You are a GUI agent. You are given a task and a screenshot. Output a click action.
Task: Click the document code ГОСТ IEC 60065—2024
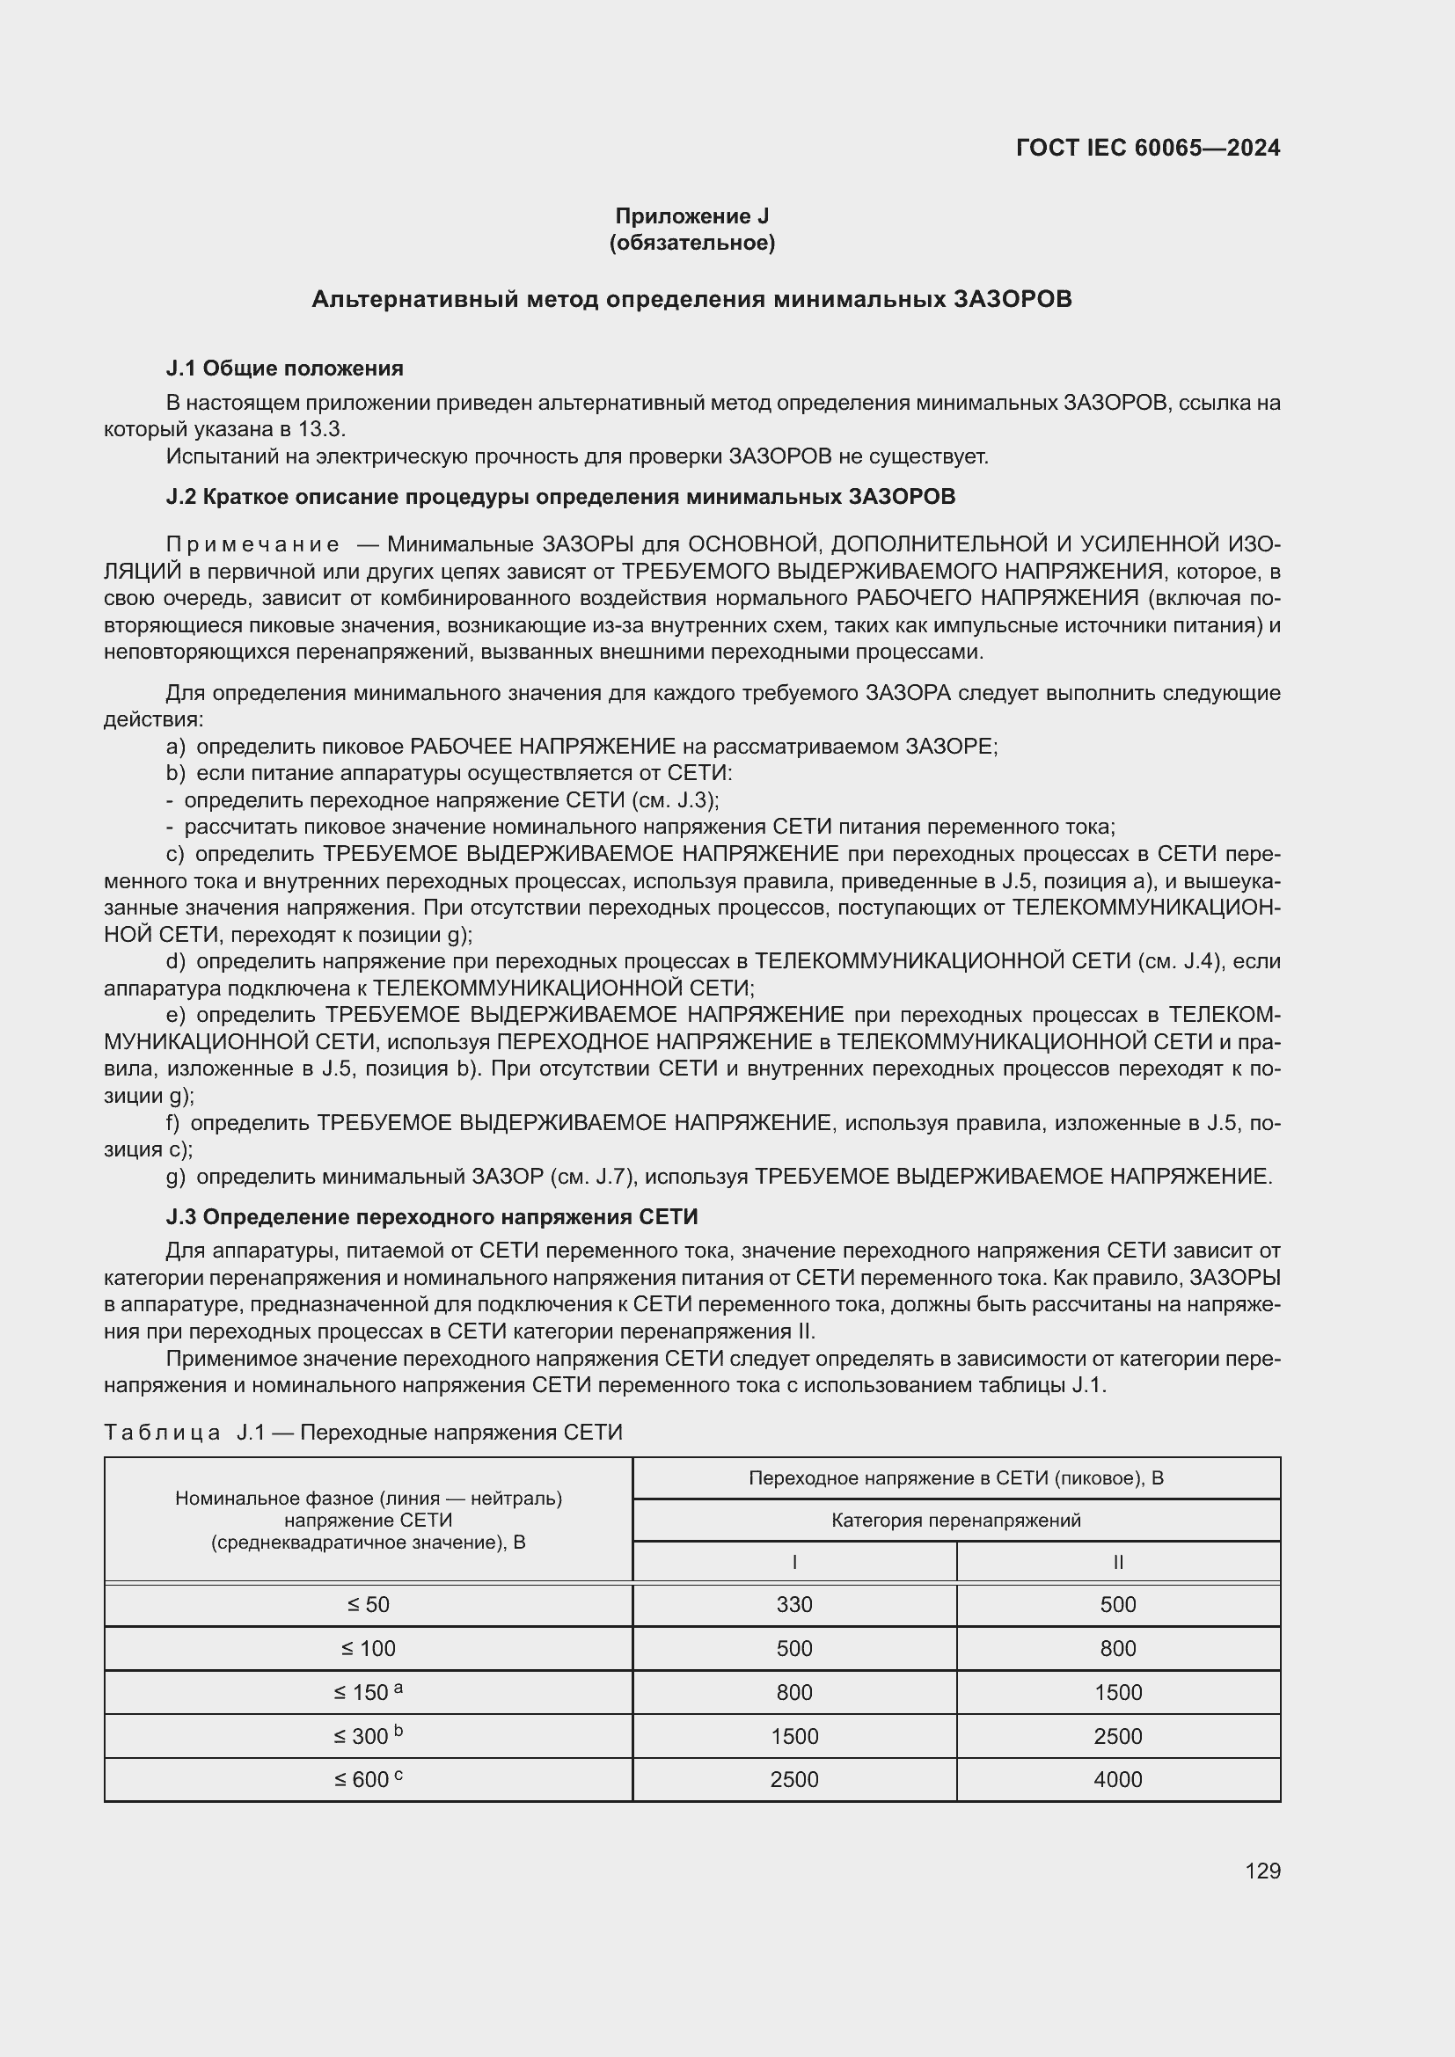tap(1148, 148)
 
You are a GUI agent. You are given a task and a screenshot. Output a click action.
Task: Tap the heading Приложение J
tap(691, 216)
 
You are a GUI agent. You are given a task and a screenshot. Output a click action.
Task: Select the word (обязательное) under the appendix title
tap(691, 243)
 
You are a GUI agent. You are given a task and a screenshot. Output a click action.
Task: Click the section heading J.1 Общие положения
tap(284, 368)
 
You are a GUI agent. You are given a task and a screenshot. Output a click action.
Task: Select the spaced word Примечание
tap(252, 544)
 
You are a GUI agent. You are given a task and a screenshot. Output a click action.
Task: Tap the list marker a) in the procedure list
tap(176, 747)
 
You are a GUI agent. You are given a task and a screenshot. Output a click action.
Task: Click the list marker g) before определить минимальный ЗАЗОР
tap(176, 1177)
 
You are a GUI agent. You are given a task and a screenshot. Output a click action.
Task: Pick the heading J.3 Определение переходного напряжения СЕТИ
tap(431, 1216)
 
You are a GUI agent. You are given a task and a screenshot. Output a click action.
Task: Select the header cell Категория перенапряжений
tap(956, 1521)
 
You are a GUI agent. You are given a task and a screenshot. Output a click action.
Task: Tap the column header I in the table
tap(794, 1563)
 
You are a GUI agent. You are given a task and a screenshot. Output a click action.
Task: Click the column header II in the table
tap(1118, 1563)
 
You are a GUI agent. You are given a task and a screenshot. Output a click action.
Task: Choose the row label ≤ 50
tap(369, 1605)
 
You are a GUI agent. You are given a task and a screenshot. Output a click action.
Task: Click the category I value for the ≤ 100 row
tap(794, 1648)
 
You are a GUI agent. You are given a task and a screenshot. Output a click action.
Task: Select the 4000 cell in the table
tap(1118, 1779)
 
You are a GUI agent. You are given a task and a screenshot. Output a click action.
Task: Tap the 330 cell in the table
tap(794, 1605)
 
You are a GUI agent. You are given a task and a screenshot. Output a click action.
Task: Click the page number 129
tap(1262, 1871)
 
